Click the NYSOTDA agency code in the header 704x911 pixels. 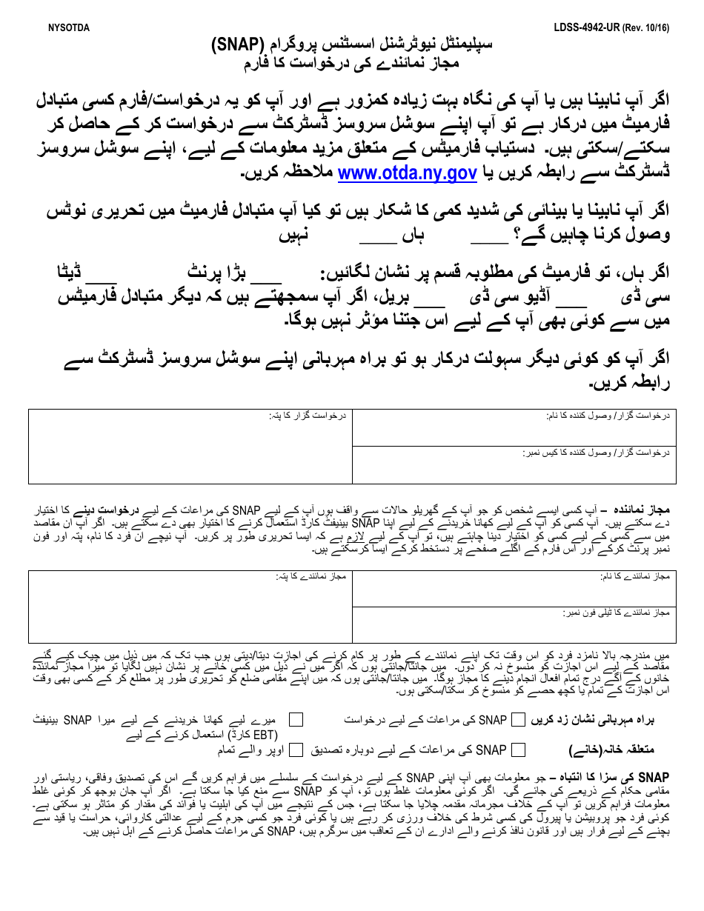(x=68, y=28)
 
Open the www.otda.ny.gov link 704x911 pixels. (x=407, y=173)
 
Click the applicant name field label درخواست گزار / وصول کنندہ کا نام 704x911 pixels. (x=615, y=416)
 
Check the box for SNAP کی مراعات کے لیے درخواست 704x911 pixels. (x=519, y=719)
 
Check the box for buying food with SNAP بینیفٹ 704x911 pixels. (x=296, y=719)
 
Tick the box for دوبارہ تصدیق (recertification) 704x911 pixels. (x=519, y=750)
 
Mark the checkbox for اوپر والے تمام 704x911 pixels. (x=296, y=750)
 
